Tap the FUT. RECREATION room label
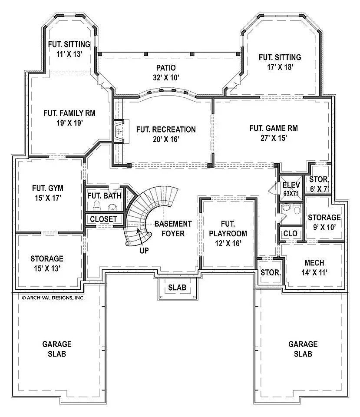[x=165, y=129]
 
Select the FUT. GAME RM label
[x=274, y=128]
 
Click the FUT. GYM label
[x=48, y=188]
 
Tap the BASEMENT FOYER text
[x=173, y=228]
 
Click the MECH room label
[x=314, y=263]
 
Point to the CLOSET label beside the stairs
[x=103, y=219]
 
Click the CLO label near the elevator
[x=290, y=234]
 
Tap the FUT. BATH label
[x=104, y=195]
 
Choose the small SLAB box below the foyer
[x=177, y=288]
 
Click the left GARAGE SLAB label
[x=57, y=349]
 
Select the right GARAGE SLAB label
[x=303, y=349]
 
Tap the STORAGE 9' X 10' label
[x=324, y=221]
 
